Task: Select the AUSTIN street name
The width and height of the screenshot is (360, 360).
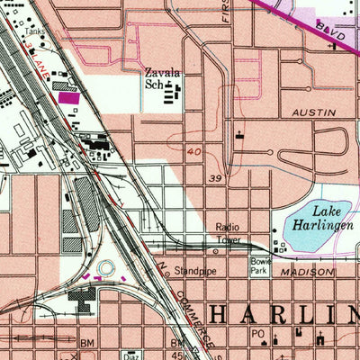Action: point(314,113)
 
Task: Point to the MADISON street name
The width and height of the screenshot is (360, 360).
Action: point(306,271)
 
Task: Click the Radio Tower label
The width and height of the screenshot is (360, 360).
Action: point(229,233)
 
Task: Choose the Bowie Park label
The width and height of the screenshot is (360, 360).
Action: point(260,265)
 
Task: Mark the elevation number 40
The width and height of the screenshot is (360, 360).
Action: point(194,153)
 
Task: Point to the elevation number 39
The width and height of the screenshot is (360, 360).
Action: point(215,178)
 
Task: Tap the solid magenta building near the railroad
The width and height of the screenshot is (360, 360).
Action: point(68,97)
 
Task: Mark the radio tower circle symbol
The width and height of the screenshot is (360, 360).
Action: point(272,244)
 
